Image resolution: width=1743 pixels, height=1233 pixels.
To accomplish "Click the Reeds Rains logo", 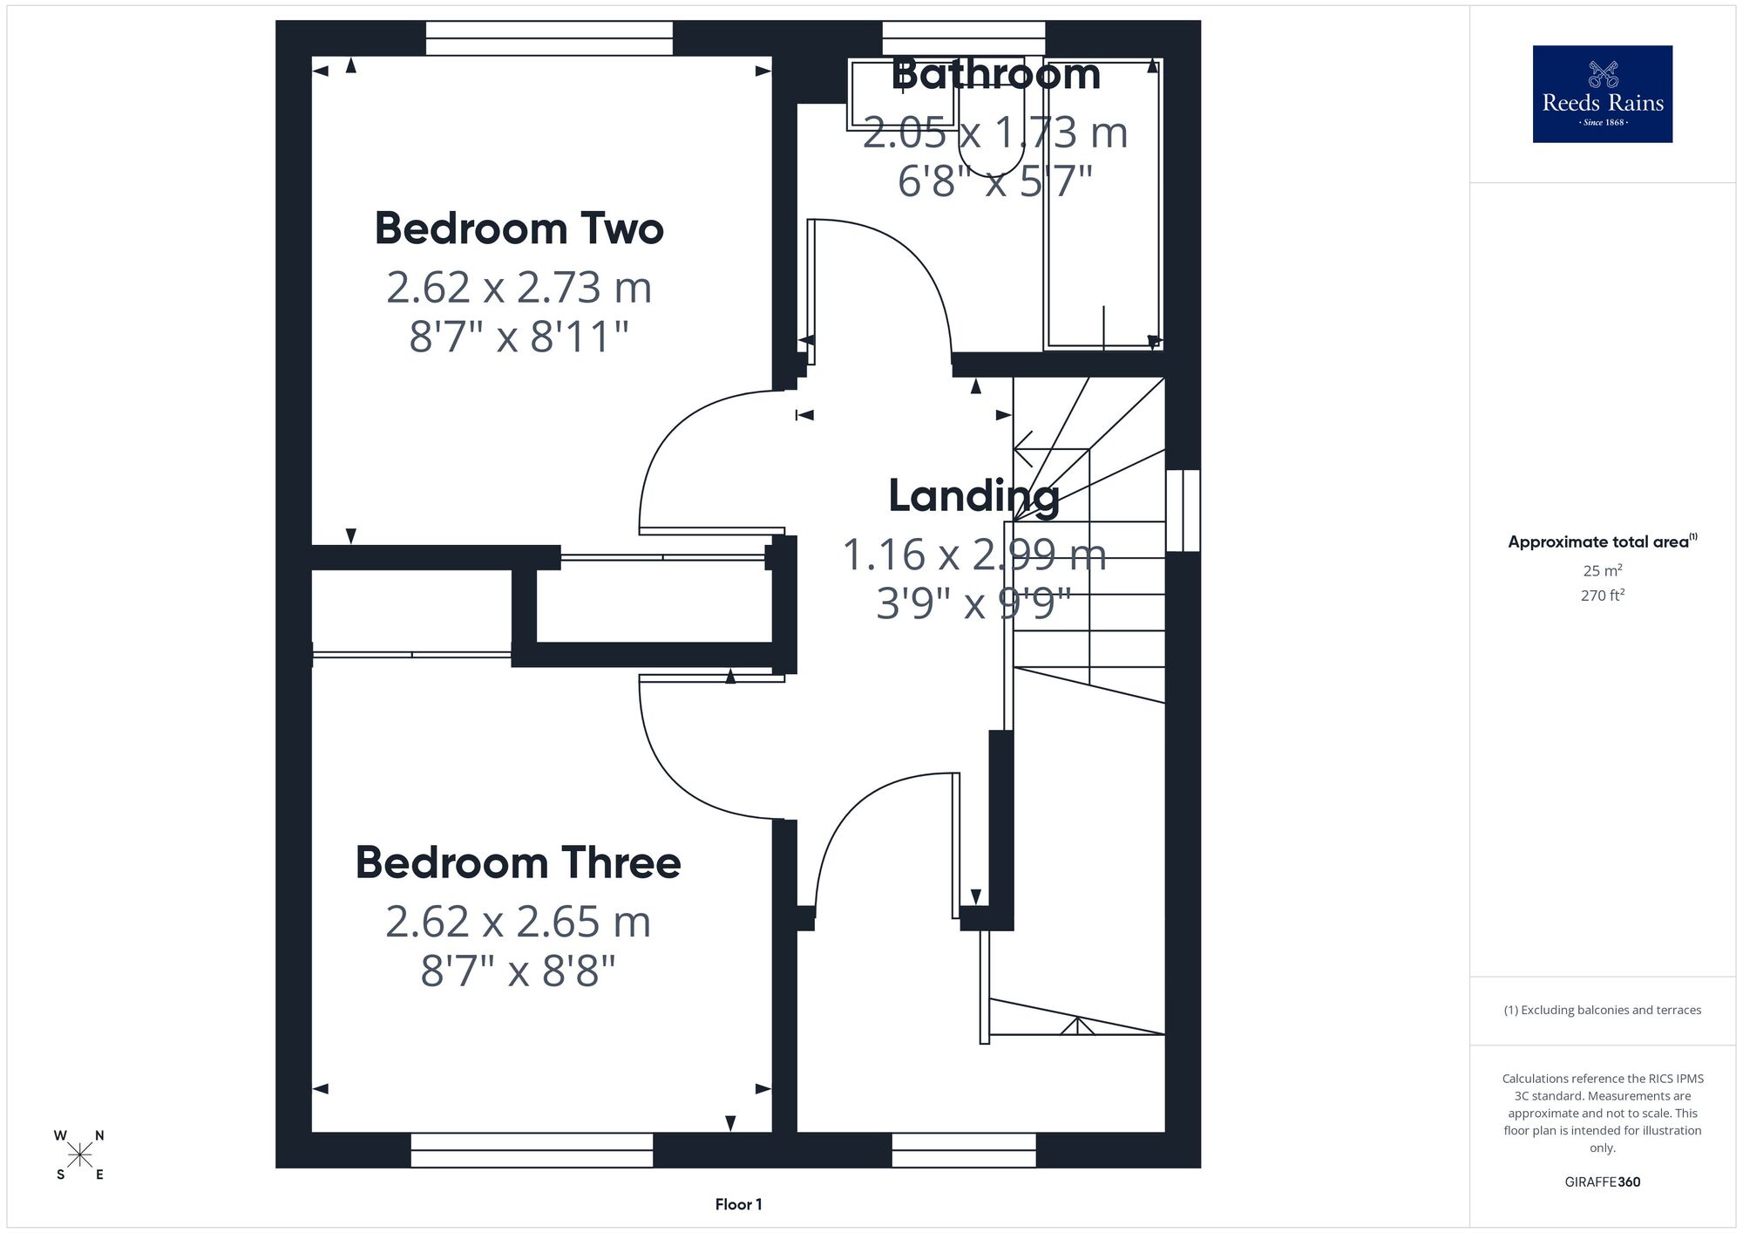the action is tap(1602, 94).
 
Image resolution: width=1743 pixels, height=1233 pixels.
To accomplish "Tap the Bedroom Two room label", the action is tap(519, 228).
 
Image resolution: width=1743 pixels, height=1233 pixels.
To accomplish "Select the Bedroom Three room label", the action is tap(519, 862).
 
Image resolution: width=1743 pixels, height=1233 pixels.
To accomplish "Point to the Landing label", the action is tap(974, 497).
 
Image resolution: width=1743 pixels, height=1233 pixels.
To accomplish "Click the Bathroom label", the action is tap(996, 74).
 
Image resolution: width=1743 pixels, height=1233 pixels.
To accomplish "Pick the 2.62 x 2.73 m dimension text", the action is tap(519, 288).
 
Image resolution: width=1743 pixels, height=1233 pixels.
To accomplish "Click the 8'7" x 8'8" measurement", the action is tap(519, 970).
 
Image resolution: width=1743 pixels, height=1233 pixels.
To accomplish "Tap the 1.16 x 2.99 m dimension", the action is tap(974, 555).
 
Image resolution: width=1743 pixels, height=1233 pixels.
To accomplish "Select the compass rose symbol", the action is tap(79, 1155).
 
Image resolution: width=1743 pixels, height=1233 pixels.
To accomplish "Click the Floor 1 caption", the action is tap(738, 1204).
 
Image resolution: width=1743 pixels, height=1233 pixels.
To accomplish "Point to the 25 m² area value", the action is tap(1603, 570).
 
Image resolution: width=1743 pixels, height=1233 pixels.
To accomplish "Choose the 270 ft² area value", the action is tap(1603, 596).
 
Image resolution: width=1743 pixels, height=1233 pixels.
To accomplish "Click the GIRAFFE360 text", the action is tap(1603, 1182).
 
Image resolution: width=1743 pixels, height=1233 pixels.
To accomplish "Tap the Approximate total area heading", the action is tap(1603, 542).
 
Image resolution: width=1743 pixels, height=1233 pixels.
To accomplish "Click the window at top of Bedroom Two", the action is tap(549, 38).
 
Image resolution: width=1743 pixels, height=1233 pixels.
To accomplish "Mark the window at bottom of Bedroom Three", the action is tap(532, 1150).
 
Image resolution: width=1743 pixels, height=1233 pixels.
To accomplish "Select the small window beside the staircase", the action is tap(1183, 510).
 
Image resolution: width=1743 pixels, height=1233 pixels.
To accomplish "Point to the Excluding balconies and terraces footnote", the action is tap(1603, 1010).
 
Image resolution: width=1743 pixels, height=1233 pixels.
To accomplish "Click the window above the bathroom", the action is tap(964, 38).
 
